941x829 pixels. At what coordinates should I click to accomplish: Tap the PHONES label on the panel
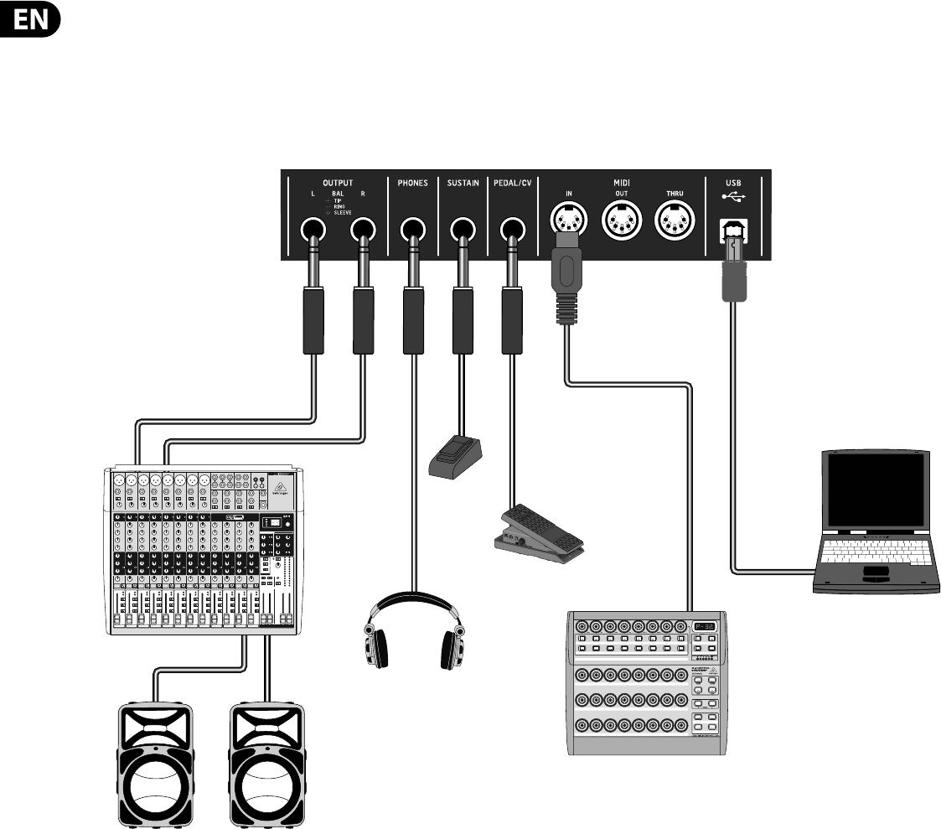pos(413,183)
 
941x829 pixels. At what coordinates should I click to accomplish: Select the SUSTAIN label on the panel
pos(462,183)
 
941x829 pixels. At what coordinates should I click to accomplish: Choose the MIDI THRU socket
pos(674,223)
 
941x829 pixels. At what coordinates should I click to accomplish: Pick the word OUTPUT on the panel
pos(338,182)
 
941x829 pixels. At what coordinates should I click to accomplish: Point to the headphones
pos(413,633)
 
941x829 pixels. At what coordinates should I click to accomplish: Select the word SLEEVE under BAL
pos(343,214)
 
